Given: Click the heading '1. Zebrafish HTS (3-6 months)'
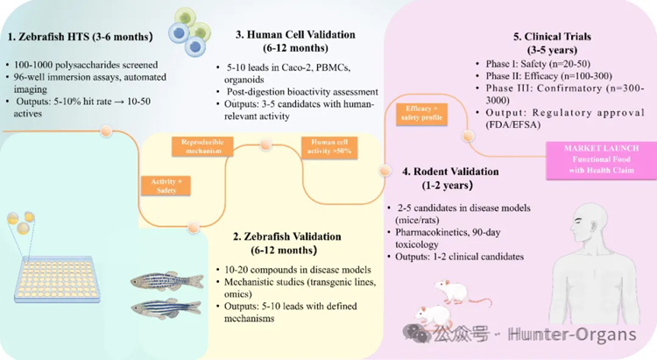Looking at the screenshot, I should (80, 37).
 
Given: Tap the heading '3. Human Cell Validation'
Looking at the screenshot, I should (295, 35).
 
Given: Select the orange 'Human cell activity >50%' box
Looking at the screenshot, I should (328, 145).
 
